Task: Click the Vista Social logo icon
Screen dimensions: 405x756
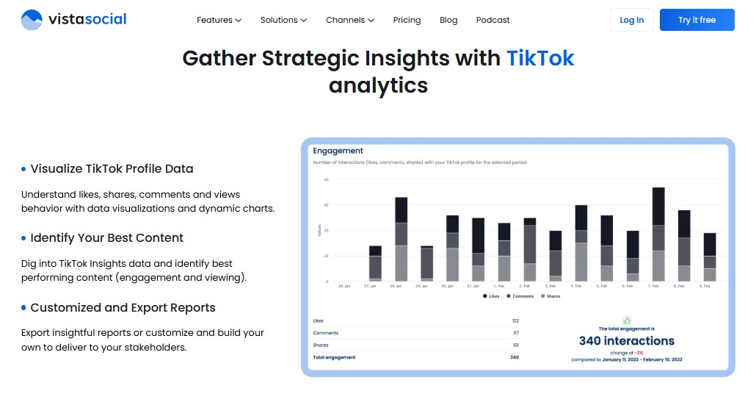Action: coord(32,20)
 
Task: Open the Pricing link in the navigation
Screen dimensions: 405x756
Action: coord(407,20)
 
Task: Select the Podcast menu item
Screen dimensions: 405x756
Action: coord(493,20)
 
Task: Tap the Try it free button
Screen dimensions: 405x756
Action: coord(697,20)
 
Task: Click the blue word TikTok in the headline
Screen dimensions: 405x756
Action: coord(540,58)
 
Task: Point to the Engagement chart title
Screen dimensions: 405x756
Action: coord(338,151)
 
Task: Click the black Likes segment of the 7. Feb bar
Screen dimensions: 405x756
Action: coord(658,207)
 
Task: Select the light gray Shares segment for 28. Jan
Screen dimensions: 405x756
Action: coord(401,263)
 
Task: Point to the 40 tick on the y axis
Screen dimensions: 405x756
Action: coord(325,179)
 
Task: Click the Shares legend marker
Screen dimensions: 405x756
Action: coord(542,295)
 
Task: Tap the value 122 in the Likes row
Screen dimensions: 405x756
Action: coord(515,321)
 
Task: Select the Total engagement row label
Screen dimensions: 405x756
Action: coord(334,357)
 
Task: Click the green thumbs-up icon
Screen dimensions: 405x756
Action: coord(627,320)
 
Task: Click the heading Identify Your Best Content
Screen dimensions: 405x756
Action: coord(107,238)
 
